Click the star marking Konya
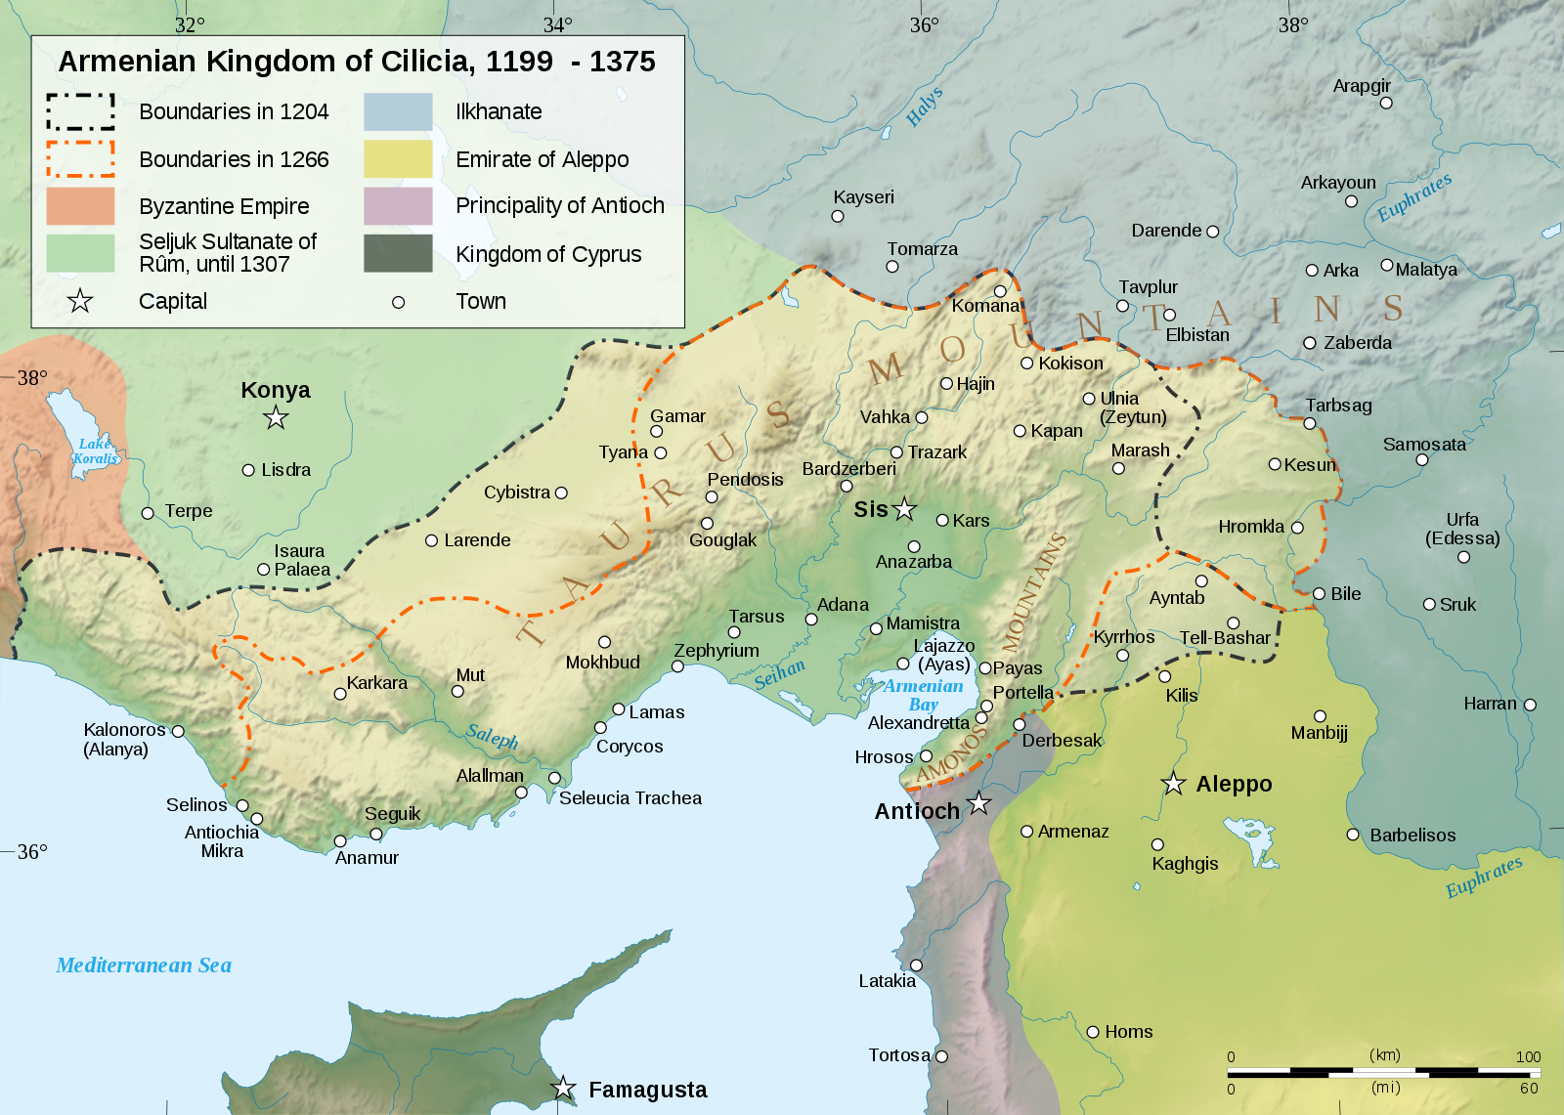point(277,418)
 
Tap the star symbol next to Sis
point(905,509)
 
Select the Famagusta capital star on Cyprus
point(564,1088)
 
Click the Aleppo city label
point(1234,784)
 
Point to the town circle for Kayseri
point(838,216)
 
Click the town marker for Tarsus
point(734,632)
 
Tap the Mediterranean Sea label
point(144,965)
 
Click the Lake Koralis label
point(95,450)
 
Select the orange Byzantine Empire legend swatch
point(80,206)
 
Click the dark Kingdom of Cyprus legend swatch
point(398,254)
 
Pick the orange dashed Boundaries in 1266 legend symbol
point(80,159)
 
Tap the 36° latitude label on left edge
point(31,851)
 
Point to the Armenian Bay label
point(923,695)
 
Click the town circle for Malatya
point(1386,265)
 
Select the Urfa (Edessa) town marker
point(1463,557)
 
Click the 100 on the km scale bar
point(1528,1056)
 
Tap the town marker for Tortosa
point(941,1056)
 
